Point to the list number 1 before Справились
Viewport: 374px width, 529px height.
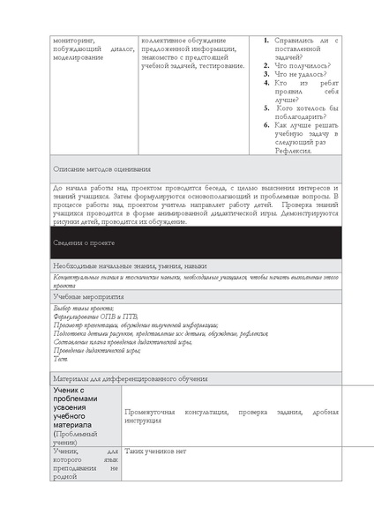tap(267, 41)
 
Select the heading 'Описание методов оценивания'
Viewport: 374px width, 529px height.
tap(101, 168)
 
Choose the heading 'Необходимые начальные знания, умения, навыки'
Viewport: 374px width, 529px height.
tap(130, 265)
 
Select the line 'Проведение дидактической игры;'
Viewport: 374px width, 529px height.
tap(97, 350)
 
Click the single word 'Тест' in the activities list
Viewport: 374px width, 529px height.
tap(60, 359)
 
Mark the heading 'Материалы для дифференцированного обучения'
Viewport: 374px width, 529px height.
tap(130, 378)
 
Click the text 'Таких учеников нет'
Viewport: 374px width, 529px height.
tap(156, 451)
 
